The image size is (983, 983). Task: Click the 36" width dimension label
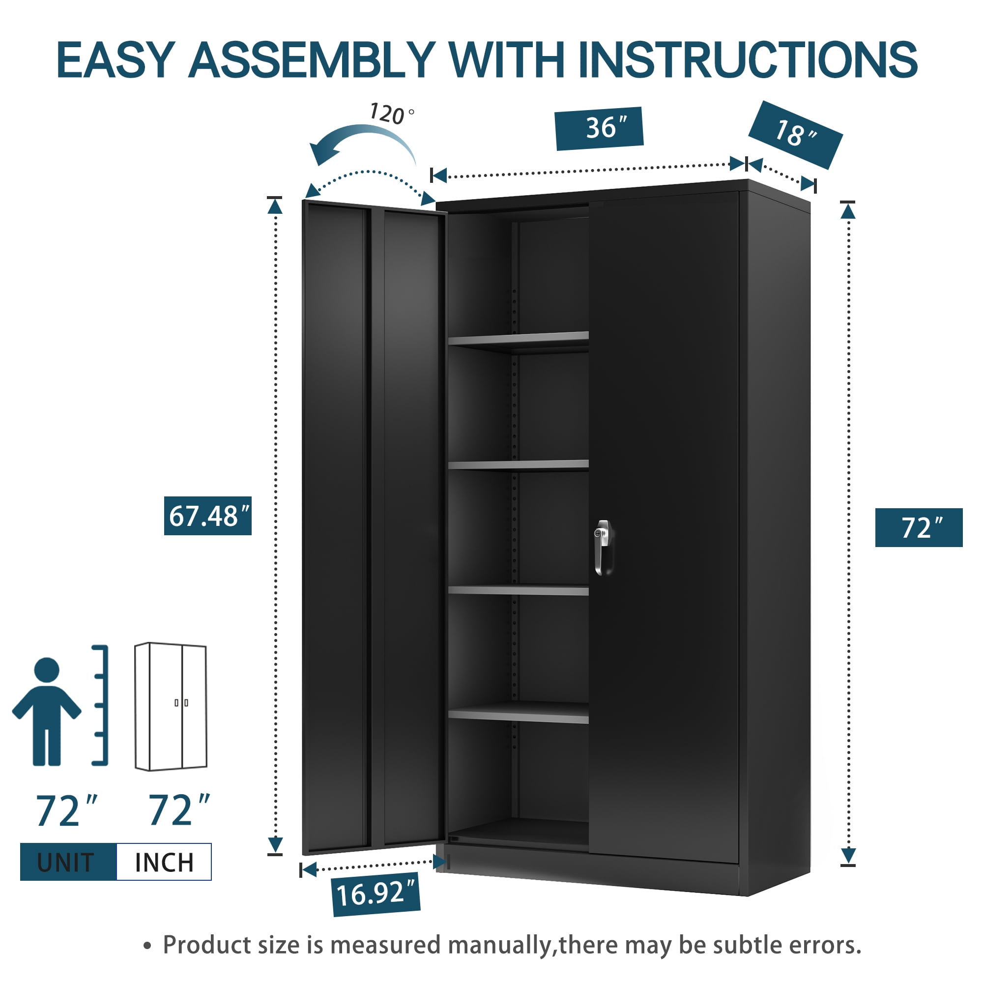coord(599,128)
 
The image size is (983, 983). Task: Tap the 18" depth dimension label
coord(795,135)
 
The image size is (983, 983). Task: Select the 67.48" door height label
coord(207,516)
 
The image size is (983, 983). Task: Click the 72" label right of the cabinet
coord(919,527)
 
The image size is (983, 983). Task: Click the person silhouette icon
coord(47,711)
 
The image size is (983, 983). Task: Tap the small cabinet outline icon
coord(171,707)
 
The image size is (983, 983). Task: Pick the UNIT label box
coord(68,862)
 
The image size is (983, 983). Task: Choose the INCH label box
coord(164,862)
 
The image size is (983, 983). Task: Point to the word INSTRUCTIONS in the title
coord(748,60)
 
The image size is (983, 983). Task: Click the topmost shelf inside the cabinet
coord(518,338)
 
